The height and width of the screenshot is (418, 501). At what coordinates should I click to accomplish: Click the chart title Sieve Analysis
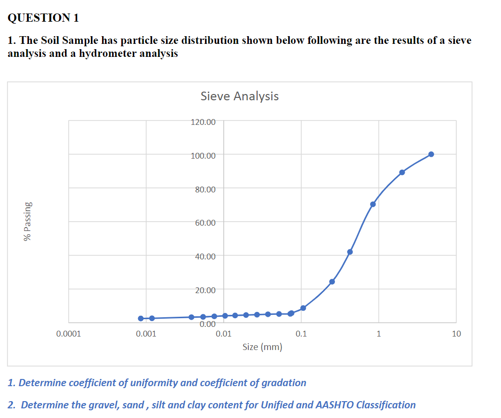(239, 96)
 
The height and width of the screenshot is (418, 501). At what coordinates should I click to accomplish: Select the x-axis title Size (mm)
(262, 347)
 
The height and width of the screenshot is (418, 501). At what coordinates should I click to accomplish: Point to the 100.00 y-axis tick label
(203, 155)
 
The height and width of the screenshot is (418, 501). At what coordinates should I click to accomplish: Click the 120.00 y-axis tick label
(203, 122)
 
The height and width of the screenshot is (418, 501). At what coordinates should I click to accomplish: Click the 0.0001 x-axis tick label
(68, 333)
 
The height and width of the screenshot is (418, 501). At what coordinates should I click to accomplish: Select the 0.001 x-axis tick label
(146, 333)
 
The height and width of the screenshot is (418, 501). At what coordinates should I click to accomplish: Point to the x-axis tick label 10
(456, 333)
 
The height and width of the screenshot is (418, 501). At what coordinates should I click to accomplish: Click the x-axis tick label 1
(379, 333)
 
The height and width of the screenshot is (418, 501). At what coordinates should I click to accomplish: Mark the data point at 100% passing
(431, 154)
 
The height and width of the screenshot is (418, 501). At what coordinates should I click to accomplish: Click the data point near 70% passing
(373, 204)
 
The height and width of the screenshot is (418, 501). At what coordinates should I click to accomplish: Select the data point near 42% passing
(350, 252)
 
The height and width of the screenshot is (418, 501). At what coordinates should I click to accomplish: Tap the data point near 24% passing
(332, 282)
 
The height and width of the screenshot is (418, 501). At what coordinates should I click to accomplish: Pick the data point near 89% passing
(402, 172)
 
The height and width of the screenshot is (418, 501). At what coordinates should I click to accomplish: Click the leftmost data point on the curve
(141, 318)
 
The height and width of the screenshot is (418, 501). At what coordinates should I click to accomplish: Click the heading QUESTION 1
(43, 18)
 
